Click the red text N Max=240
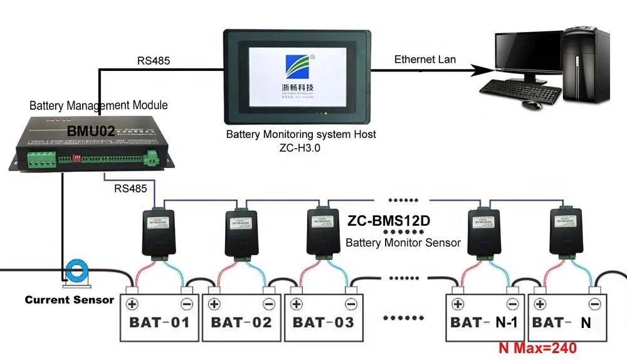point(537,347)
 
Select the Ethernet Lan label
point(424,60)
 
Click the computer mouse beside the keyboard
point(532,104)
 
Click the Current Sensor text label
point(69,300)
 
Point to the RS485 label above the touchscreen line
point(153,61)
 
